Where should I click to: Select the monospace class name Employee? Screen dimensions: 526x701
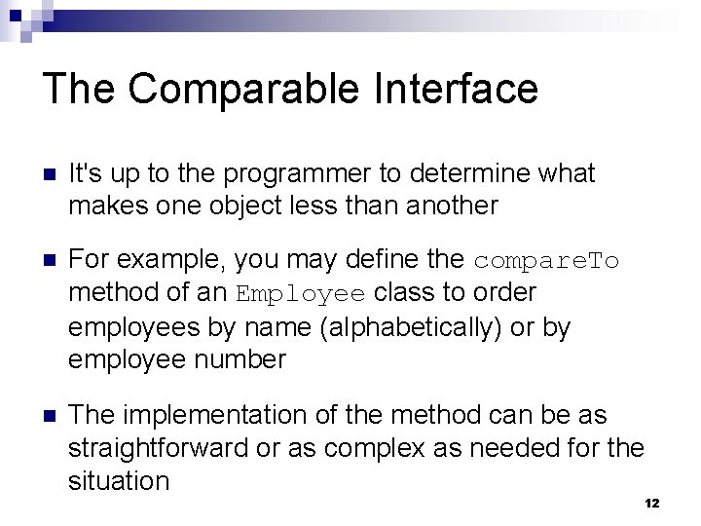coord(302,294)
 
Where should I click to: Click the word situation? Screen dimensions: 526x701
coord(119,480)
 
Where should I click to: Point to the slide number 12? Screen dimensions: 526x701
coord(652,503)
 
